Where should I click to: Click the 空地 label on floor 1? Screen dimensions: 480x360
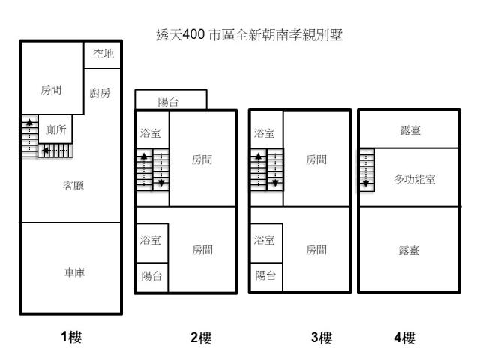(103, 54)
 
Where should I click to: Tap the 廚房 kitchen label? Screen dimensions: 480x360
(100, 92)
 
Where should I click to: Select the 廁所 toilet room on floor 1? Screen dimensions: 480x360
(55, 129)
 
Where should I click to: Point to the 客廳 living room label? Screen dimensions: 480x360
(73, 186)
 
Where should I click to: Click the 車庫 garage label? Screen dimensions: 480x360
(75, 271)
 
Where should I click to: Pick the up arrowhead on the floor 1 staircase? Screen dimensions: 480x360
(29, 122)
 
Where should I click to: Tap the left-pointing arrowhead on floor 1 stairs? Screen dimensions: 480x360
(45, 151)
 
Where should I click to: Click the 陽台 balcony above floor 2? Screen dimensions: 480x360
(171, 99)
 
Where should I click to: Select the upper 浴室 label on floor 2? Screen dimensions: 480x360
(150, 133)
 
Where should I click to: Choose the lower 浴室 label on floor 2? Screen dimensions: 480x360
(150, 240)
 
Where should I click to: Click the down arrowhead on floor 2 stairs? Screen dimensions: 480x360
(161, 183)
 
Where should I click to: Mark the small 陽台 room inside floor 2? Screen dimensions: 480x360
(151, 277)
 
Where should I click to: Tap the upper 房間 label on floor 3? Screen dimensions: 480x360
(316, 160)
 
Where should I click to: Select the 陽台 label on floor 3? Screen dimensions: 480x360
(265, 275)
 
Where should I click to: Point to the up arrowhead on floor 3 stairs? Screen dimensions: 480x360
(258, 157)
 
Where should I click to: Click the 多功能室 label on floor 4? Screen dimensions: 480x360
(415, 179)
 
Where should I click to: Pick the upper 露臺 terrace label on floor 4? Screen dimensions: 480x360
(410, 130)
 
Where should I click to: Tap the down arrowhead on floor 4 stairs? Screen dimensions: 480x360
(366, 184)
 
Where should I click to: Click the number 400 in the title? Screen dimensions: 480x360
(193, 34)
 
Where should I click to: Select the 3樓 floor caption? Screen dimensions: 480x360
(322, 337)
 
